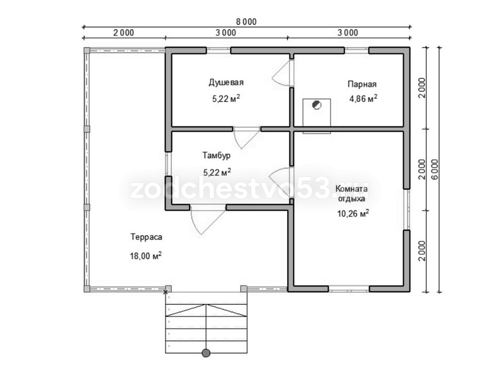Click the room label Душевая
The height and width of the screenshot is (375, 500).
pos(226,82)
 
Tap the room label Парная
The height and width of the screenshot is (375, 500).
pos(362,84)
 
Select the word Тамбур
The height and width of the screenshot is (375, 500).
pos(216,156)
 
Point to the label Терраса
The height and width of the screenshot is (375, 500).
pos(146,237)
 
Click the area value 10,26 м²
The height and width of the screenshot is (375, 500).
pos(353,213)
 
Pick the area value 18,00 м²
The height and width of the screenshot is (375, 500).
pos(146,256)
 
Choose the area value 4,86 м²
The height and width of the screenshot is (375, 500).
pos(363,98)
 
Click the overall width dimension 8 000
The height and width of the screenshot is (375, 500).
pos(246,22)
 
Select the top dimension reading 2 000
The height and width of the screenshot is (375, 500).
pos(124,33)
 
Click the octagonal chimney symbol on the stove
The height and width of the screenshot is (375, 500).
pos(316,105)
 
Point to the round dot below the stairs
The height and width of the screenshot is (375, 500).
pos(206,353)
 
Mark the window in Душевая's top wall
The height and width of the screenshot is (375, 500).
pos(218,50)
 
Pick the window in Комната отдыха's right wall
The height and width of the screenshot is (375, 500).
pos(407,209)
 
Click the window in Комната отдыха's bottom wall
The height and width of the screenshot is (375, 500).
pos(348,289)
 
